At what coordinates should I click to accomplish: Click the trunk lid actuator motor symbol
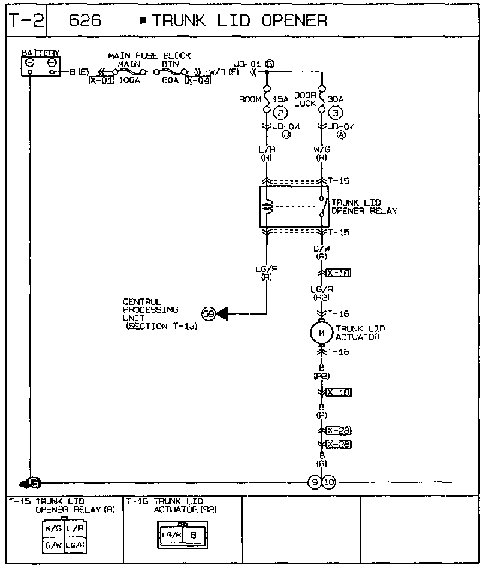[x=322, y=333]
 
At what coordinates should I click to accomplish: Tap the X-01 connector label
[x=101, y=80]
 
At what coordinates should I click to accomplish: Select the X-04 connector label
[x=198, y=80]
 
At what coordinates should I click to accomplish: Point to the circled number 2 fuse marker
[x=280, y=113]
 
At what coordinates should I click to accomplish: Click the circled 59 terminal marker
[x=209, y=313]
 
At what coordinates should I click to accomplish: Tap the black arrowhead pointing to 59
[x=223, y=313]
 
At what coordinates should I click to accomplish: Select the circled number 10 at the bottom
[x=329, y=483]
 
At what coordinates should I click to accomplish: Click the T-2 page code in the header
[x=23, y=21]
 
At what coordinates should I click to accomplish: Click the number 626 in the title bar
[x=86, y=21]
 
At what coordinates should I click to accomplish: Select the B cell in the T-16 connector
[x=193, y=534]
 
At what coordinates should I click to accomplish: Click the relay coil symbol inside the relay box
[x=268, y=207]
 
